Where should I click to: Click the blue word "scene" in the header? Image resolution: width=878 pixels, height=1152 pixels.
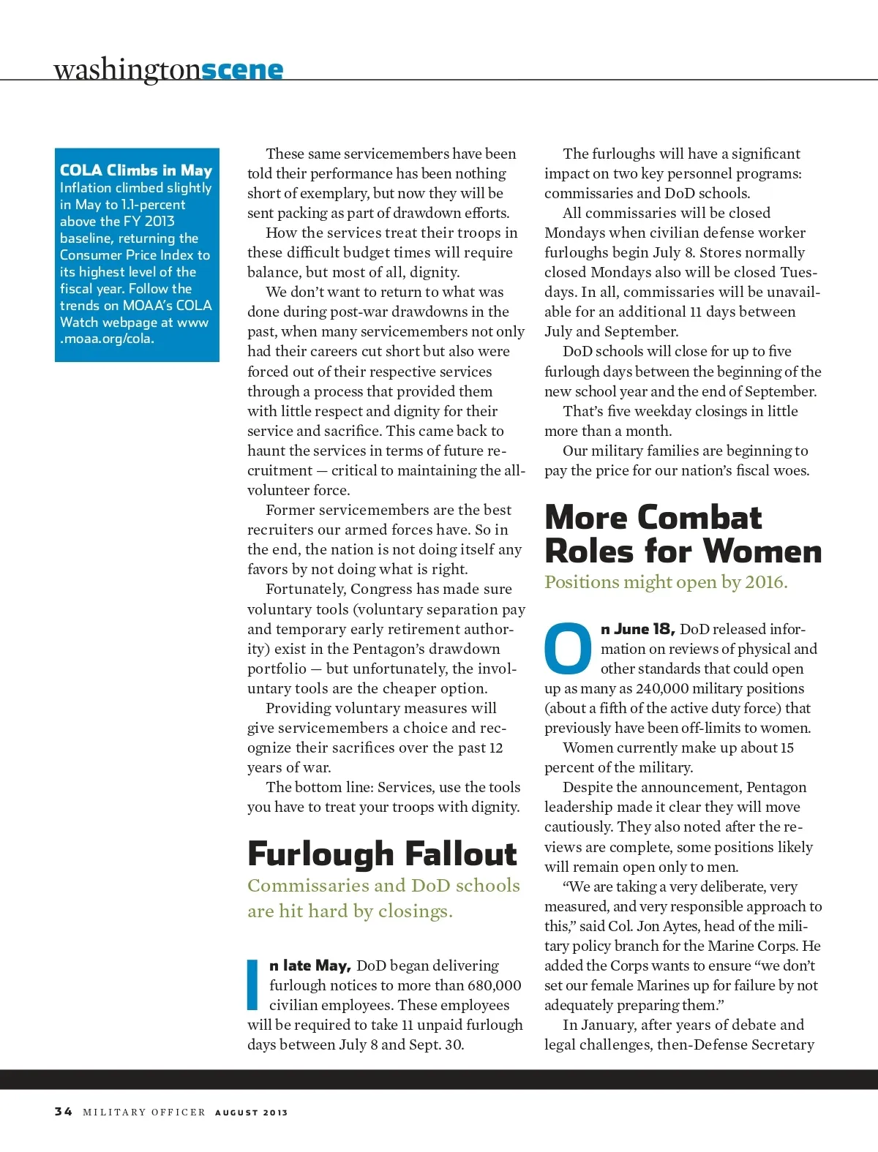tap(241, 69)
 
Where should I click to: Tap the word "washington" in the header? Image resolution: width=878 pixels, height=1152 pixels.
tap(127, 69)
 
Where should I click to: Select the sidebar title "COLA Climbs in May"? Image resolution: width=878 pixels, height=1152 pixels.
tap(136, 170)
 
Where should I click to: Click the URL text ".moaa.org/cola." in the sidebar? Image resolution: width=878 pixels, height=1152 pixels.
tap(107, 339)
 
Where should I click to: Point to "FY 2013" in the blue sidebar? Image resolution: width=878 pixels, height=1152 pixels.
tap(149, 221)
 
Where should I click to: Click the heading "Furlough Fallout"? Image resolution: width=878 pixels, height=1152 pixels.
tap(382, 854)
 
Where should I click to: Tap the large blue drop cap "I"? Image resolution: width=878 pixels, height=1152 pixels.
tap(253, 985)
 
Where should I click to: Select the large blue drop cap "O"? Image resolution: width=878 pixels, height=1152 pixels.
tap(568, 648)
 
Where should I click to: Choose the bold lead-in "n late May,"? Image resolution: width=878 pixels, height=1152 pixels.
tap(310, 965)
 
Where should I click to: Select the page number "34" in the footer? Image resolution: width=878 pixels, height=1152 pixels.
tap(63, 1111)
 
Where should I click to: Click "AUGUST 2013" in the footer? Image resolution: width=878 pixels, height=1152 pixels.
tap(251, 1113)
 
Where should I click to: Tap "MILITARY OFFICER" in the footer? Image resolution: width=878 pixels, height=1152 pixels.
tap(144, 1113)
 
